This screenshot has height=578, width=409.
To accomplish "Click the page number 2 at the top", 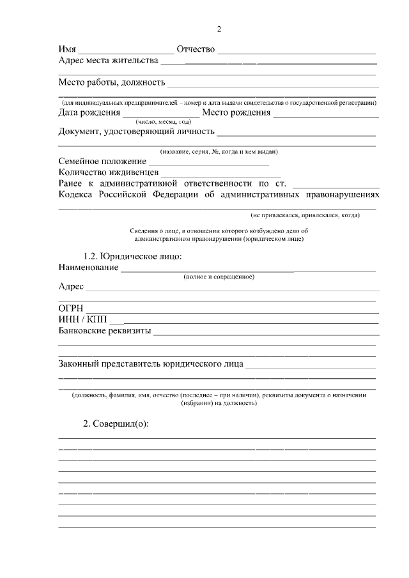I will point(219,29).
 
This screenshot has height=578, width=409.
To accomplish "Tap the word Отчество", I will point(196,49).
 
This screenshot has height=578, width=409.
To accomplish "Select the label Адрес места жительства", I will point(108,61).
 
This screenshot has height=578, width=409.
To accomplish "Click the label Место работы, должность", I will point(112,82).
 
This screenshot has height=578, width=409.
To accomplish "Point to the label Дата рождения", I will point(89,113).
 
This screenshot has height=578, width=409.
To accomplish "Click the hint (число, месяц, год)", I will point(163,121).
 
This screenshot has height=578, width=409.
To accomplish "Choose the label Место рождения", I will point(236,113).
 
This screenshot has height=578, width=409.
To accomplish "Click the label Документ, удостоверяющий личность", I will point(136,132).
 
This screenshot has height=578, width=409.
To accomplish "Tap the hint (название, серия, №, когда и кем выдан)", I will point(219,151).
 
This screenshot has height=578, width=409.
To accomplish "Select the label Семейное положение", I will point(102,162).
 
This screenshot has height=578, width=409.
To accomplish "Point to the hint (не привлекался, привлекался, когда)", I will point(305,215).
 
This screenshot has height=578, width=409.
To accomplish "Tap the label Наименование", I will point(88,267).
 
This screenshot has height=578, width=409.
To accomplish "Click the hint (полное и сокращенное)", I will point(219,277).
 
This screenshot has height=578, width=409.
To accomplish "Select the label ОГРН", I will point(70,308).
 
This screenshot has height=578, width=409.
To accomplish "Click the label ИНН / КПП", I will point(83,319).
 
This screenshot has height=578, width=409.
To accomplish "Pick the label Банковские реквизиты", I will point(105,331).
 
